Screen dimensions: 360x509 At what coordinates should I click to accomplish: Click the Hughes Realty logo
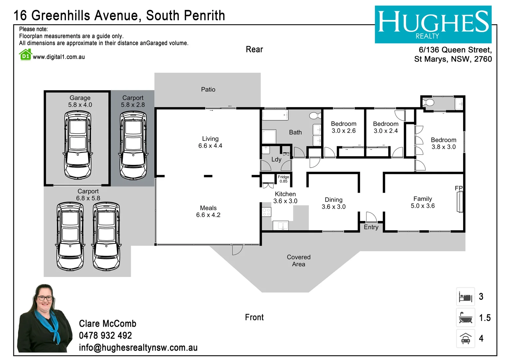click(433, 24)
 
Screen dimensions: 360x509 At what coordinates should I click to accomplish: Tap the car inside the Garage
click(78, 145)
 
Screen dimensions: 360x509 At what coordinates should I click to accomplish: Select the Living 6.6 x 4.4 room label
click(210, 142)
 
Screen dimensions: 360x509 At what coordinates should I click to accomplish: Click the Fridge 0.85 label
click(283, 179)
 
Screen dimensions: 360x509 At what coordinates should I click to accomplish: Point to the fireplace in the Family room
click(460, 202)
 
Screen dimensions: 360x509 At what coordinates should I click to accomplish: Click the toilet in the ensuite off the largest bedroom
click(428, 102)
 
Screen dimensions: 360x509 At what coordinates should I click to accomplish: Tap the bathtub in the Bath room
click(275, 115)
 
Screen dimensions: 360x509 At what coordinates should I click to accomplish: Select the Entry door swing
click(370, 217)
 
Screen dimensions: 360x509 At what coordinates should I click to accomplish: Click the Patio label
click(208, 89)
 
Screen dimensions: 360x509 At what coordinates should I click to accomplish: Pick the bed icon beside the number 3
click(465, 297)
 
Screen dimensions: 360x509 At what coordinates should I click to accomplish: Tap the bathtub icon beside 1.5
click(465, 318)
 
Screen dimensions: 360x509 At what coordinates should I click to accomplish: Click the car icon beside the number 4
click(465, 338)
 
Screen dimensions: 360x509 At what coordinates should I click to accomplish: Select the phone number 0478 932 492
click(105, 335)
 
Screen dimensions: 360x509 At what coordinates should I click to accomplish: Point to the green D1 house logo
click(26, 55)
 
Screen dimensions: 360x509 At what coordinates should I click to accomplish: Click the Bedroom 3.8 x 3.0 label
click(443, 143)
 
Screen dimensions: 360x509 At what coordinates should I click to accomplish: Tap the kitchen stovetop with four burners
click(266, 212)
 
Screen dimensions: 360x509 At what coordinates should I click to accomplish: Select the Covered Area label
click(298, 261)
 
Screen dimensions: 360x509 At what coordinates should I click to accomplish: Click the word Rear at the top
click(254, 49)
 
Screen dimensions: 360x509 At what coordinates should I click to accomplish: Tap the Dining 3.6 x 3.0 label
click(333, 203)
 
